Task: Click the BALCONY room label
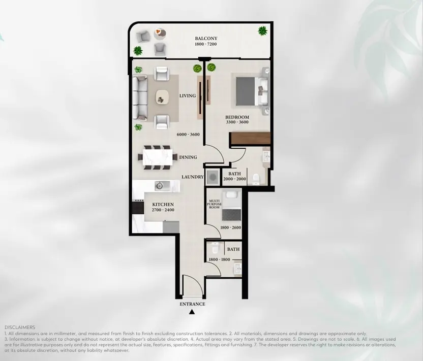click(206, 39)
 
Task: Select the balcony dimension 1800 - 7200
click(206, 44)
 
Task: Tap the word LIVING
click(188, 95)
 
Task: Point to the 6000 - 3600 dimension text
click(188, 135)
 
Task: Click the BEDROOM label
click(237, 117)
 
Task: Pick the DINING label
click(188, 157)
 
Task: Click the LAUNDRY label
click(192, 177)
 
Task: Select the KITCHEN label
click(163, 205)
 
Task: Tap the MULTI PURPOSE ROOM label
click(214, 204)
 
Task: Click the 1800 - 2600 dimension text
click(231, 227)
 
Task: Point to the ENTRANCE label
click(192, 304)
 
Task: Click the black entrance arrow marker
click(192, 312)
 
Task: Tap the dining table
click(158, 157)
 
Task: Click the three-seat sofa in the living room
click(140, 98)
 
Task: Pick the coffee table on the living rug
click(162, 96)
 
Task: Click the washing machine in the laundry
click(213, 177)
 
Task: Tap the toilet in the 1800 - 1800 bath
click(215, 248)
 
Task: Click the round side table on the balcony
click(160, 32)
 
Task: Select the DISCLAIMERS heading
click(20, 327)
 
